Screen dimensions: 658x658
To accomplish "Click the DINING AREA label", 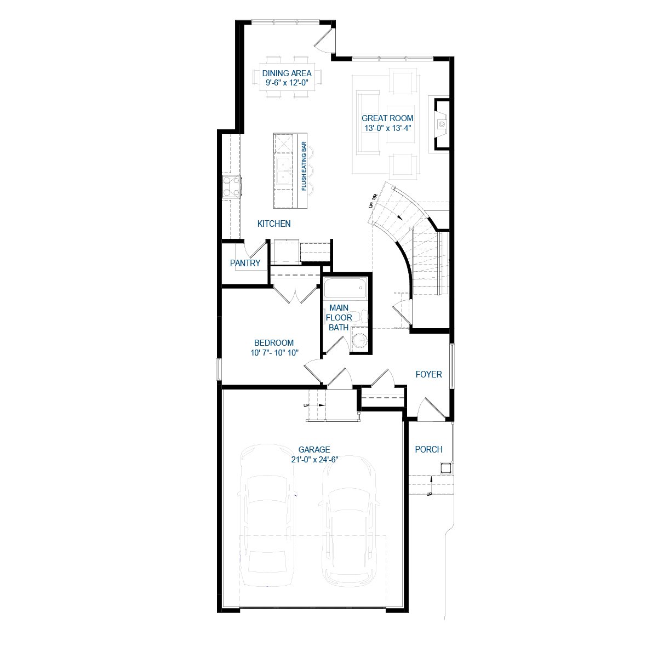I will [x=287, y=73].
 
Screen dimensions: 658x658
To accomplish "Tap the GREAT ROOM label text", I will [x=387, y=118].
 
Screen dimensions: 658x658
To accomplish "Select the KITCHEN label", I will [x=274, y=224].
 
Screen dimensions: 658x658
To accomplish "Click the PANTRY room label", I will [x=245, y=264].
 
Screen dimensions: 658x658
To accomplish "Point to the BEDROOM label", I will [x=274, y=343].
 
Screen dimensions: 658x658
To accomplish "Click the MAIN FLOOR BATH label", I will [x=339, y=317].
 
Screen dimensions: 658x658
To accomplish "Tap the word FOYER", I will [x=428, y=375].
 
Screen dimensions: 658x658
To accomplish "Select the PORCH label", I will [x=428, y=450].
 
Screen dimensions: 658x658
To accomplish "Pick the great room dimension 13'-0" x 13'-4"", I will [x=387, y=128].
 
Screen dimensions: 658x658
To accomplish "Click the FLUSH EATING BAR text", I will [x=304, y=167].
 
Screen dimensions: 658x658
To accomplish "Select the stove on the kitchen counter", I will [x=231, y=186].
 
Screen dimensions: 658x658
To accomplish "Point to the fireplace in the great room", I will [x=442, y=124].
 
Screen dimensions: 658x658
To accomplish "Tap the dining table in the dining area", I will [x=287, y=77].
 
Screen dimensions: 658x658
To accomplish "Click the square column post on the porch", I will [x=446, y=467].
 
